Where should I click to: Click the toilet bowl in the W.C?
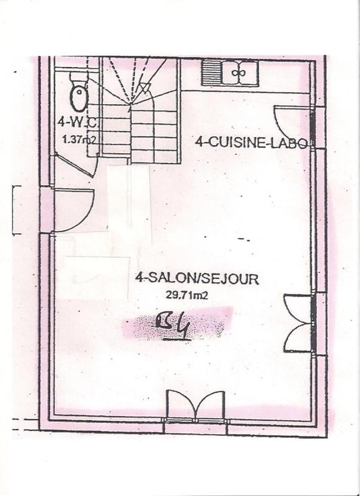78,97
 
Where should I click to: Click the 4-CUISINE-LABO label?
250,143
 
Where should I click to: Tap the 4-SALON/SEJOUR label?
197,278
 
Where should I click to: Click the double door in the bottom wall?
196,405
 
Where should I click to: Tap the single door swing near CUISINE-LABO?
291,121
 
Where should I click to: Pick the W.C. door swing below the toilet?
73,165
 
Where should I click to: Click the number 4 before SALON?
138,278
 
